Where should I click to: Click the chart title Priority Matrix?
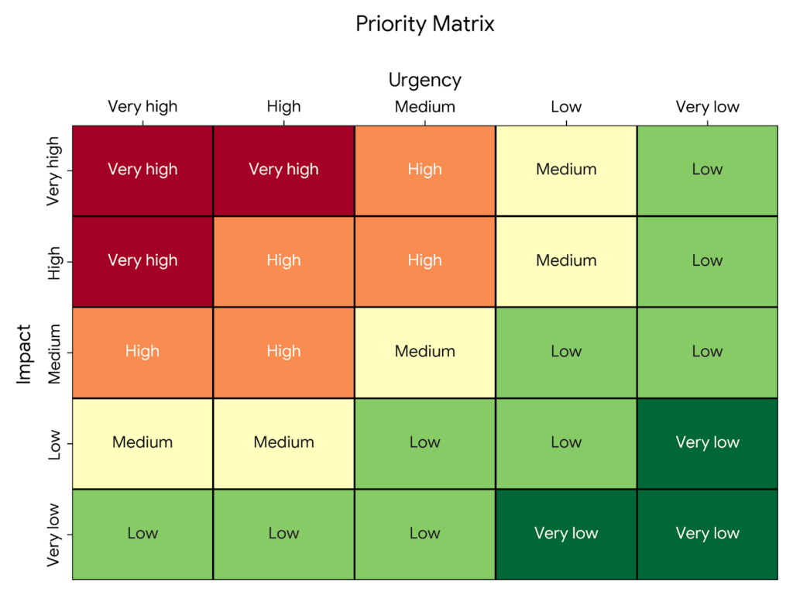tap(424, 24)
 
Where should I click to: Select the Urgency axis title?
tap(424, 80)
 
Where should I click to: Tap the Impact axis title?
tap(25, 353)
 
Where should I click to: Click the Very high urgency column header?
tap(142, 107)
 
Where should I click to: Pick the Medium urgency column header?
tap(424, 107)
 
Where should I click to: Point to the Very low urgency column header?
tap(707, 107)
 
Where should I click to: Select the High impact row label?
tap(54, 262)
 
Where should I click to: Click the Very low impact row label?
tap(54, 534)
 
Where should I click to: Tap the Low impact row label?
tap(54, 443)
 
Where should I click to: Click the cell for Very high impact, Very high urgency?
tap(142, 170)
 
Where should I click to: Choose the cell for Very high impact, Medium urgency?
tap(424, 170)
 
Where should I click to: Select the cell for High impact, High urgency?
tap(283, 261)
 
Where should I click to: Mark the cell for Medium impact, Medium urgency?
tap(424, 352)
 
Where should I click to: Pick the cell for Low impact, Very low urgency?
tap(707, 442)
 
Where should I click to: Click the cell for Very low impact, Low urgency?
tap(566, 533)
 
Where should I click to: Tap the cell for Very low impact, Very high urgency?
tap(142, 533)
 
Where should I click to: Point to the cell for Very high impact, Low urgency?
tap(566, 170)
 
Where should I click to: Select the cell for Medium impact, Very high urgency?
tap(142, 352)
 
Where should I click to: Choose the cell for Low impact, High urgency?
tap(283, 442)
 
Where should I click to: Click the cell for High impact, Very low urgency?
tap(707, 261)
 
